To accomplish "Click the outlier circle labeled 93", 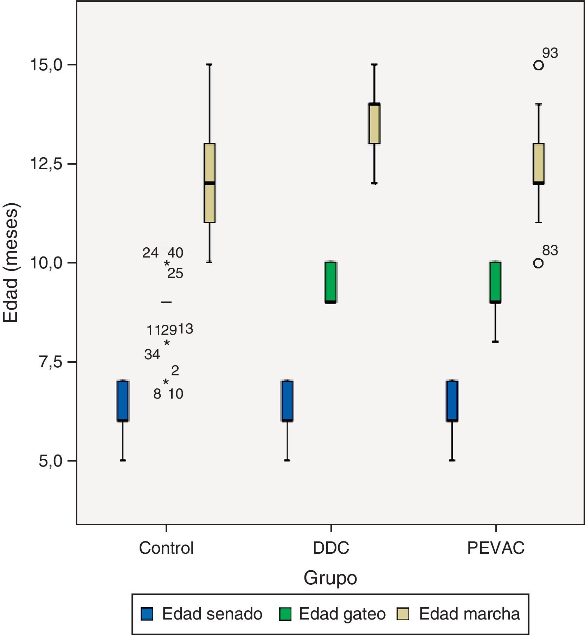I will pyautogui.click(x=538, y=65).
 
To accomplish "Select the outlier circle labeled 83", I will pyautogui.click(x=538, y=263).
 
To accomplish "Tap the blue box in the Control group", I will pyautogui.click(x=123, y=401).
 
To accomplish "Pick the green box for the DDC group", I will pyautogui.click(x=331, y=282).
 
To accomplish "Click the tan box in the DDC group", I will pyautogui.click(x=374, y=123).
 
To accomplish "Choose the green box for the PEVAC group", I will pyautogui.click(x=495, y=282).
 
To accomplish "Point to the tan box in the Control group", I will pyautogui.click(x=210, y=183).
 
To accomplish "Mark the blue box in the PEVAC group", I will pyautogui.click(x=452, y=401).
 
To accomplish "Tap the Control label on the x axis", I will pyautogui.click(x=166, y=548).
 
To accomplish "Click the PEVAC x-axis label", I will pyautogui.click(x=496, y=548).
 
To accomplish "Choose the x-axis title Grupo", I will pyautogui.click(x=330, y=578).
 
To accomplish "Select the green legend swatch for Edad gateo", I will pyautogui.click(x=285, y=614).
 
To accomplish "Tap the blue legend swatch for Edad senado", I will pyautogui.click(x=146, y=614).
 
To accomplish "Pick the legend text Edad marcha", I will pyautogui.click(x=469, y=614).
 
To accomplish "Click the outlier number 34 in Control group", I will pyautogui.click(x=152, y=355).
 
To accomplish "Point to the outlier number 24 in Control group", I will pyautogui.click(x=150, y=253).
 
